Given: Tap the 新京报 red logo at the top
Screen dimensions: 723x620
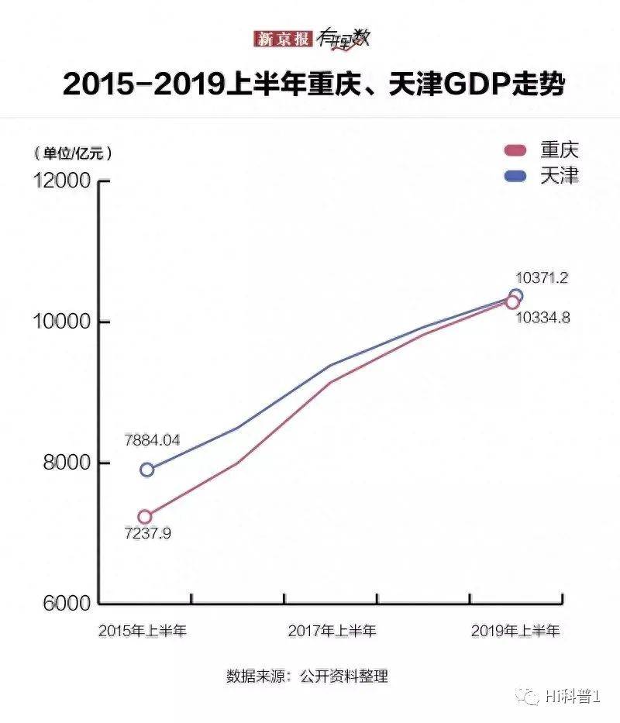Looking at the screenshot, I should click(x=284, y=39).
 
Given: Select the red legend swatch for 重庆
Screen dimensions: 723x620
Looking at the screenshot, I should click(x=515, y=150).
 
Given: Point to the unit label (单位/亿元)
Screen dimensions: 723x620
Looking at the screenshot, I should click(x=72, y=153).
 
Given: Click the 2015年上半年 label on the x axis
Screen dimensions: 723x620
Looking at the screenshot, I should click(x=143, y=631).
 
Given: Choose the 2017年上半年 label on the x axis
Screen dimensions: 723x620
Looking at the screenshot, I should click(x=332, y=631).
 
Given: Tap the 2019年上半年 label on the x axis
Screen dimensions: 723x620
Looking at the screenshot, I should click(x=515, y=631).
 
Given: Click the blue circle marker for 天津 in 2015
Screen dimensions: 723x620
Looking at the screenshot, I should click(x=146, y=470).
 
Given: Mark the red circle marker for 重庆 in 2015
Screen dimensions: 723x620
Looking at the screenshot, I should click(x=145, y=517).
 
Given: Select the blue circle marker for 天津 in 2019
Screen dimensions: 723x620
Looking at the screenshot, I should click(x=515, y=295).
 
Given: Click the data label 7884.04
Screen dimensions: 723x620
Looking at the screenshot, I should click(x=152, y=440).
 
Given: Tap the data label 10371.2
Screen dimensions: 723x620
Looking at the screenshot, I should click(x=542, y=277).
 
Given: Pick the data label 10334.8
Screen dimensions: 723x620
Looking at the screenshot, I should click(x=542, y=317).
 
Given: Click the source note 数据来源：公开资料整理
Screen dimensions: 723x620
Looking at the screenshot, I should click(x=307, y=676).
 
